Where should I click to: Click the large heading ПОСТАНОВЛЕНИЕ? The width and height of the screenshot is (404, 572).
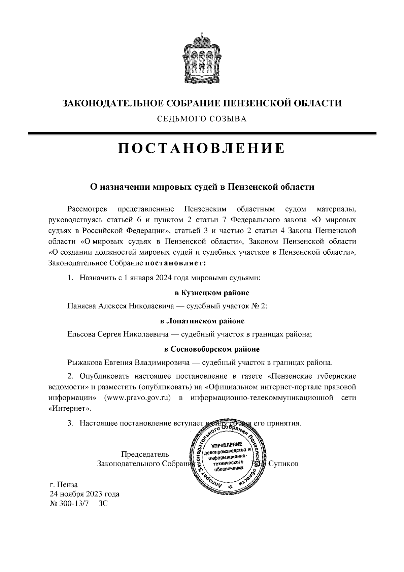202,148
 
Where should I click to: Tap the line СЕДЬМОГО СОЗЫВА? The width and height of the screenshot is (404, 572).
202,119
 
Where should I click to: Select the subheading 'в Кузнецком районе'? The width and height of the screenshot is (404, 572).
212,293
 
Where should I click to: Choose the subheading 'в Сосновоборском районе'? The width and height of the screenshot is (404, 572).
212,349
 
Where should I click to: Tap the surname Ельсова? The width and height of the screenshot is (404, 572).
81,335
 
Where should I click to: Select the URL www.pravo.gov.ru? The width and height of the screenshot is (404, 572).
137,398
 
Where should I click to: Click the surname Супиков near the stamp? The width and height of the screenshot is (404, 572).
284,464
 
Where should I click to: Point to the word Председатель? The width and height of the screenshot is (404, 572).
145,454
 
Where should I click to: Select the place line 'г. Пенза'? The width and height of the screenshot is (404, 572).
64,485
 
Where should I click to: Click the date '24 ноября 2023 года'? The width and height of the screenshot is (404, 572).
85,494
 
